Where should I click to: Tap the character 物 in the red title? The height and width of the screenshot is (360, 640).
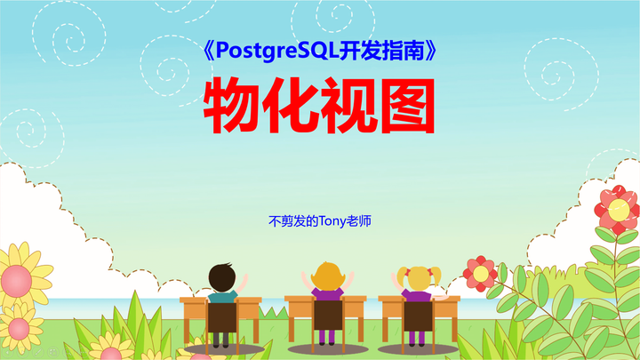pyautogui.click(x=234, y=107)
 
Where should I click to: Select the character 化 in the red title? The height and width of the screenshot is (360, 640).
pyautogui.click(x=292, y=107)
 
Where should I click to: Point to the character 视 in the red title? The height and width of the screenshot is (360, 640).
pyautogui.click(x=349, y=107)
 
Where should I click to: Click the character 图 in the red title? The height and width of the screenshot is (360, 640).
pyautogui.click(x=407, y=107)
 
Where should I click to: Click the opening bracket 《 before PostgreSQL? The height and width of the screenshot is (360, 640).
pyautogui.click(x=206, y=52)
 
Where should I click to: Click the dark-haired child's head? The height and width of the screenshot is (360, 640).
pyautogui.click(x=222, y=276)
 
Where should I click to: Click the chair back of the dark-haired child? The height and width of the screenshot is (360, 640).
pyautogui.click(x=222, y=317)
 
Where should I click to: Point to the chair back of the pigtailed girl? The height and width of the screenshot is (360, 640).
pyautogui.click(x=416, y=316)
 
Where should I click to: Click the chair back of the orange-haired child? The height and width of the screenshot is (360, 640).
pyautogui.click(x=327, y=316)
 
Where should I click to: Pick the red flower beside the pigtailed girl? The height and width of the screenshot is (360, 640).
pyautogui.click(x=480, y=272)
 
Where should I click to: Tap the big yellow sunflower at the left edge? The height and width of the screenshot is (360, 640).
pyautogui.click(x=15, y=270)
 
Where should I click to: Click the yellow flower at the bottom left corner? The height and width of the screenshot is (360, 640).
pyautogui.click(x=20, y=331)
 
